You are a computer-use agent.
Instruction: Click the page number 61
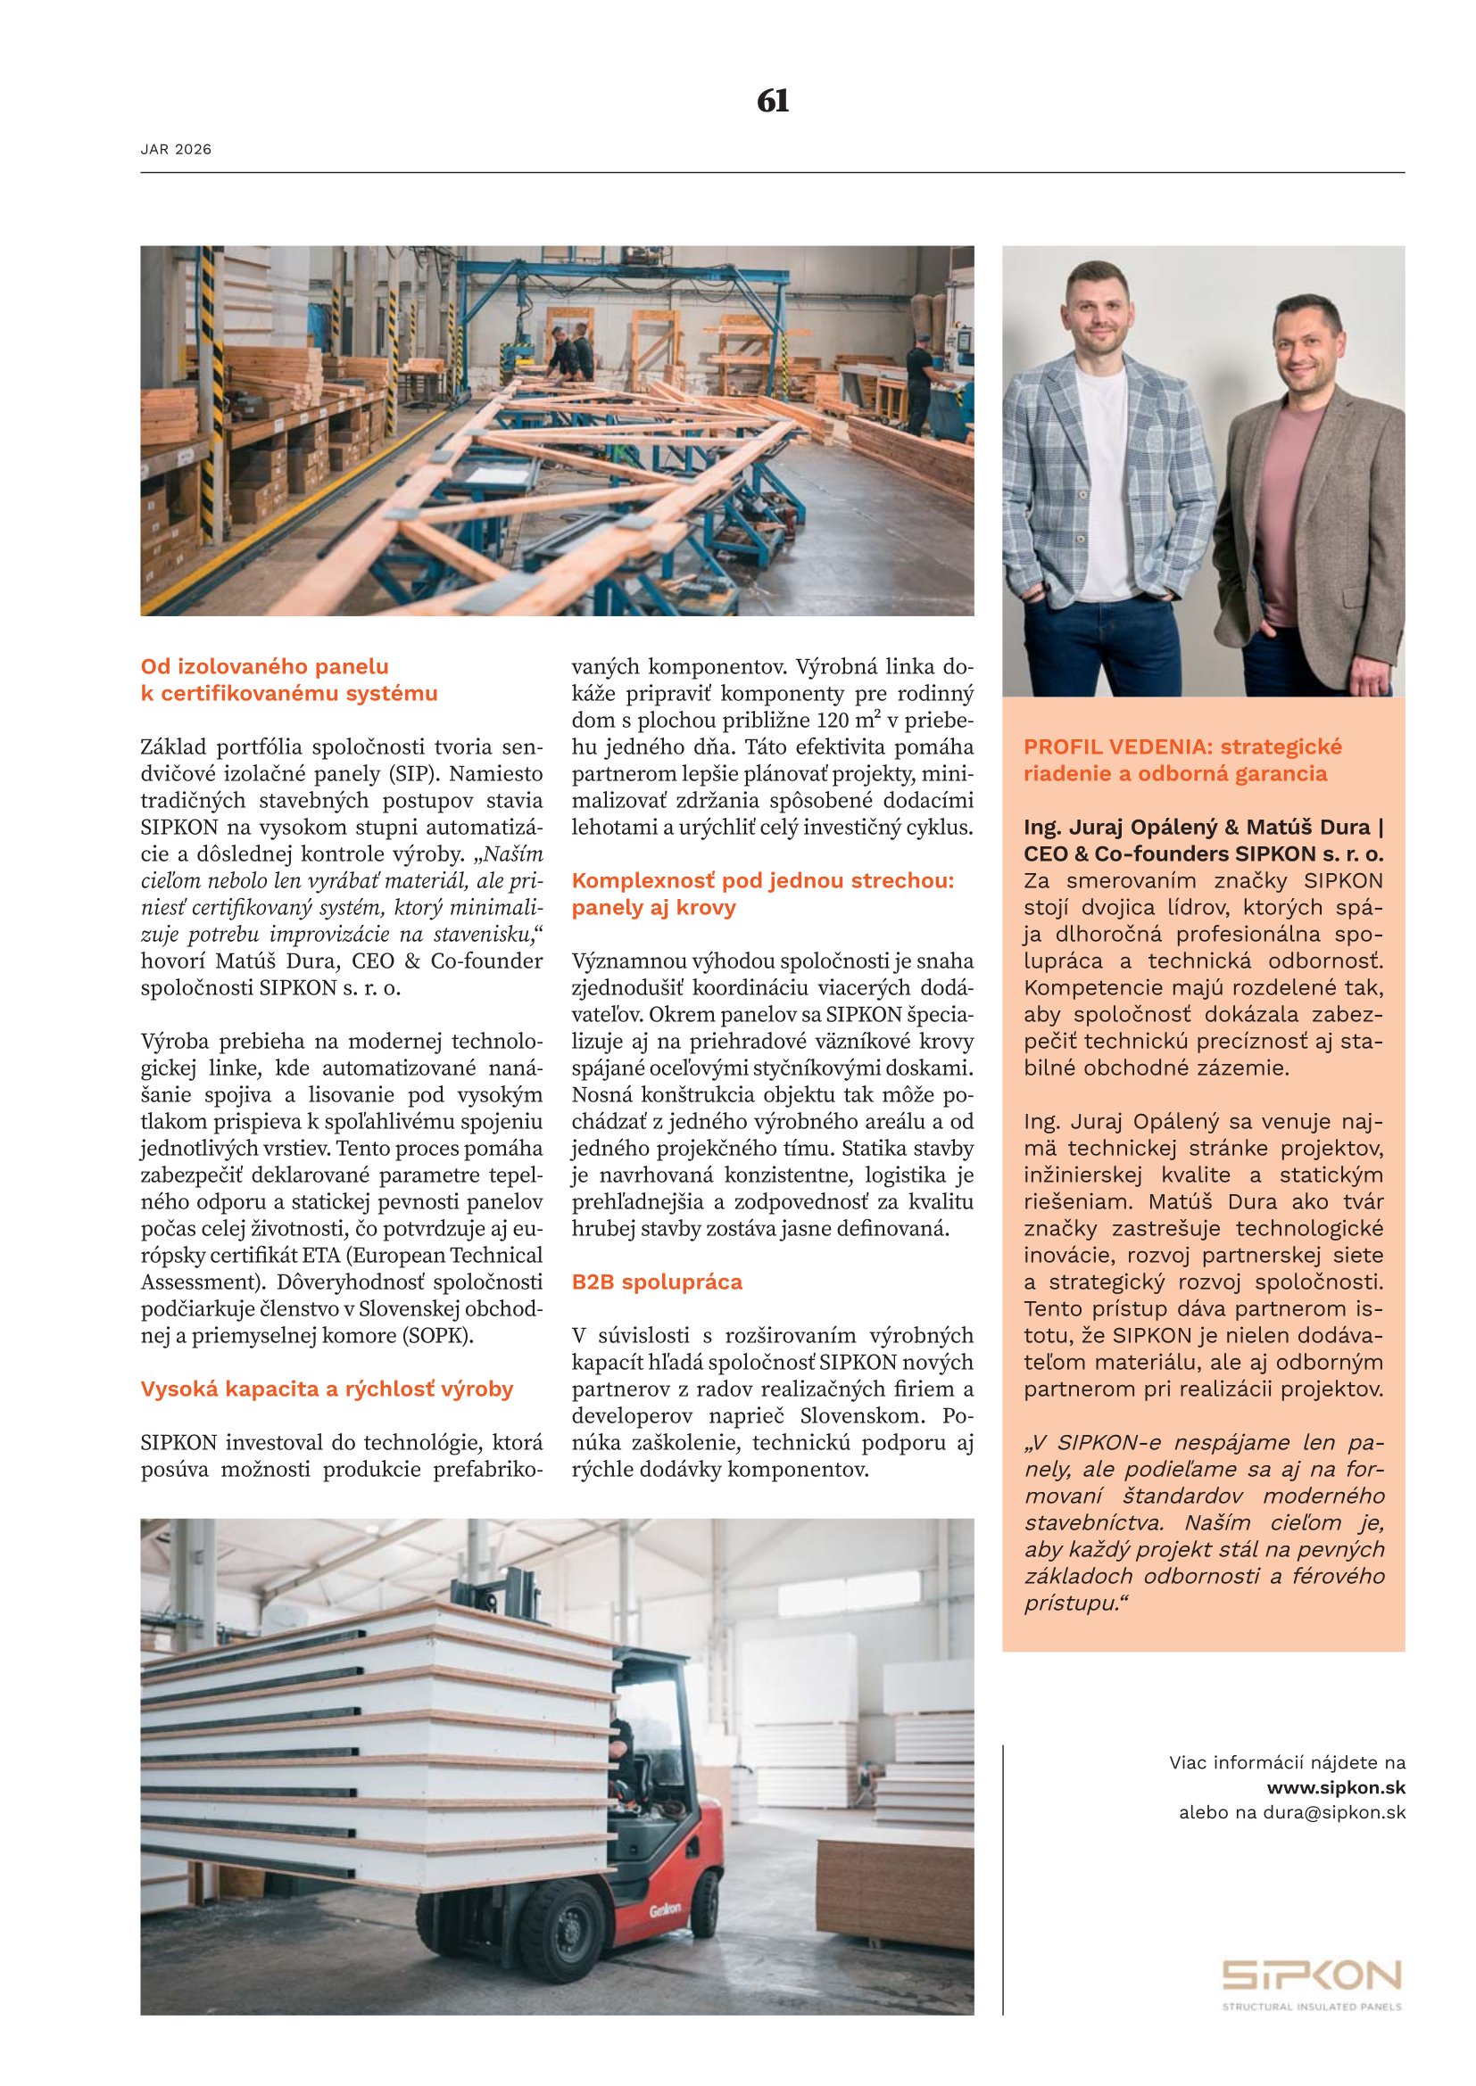point(773,101)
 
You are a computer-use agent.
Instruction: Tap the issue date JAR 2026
point(176,150)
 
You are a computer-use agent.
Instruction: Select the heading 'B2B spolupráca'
point(657,1282)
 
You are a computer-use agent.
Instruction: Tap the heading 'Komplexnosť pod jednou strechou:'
point(762,880)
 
